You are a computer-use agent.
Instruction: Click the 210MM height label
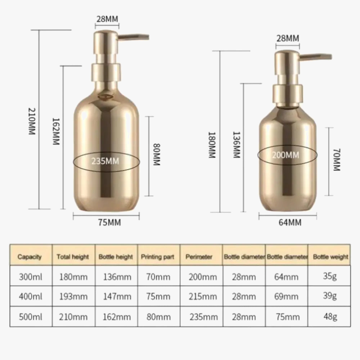32,121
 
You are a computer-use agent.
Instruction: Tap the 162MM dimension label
56,131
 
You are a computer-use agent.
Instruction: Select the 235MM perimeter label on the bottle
105,161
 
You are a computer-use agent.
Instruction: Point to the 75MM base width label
109,222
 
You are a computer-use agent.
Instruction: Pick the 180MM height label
212,145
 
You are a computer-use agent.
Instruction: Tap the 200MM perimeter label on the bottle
285,155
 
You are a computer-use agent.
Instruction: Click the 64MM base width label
290,222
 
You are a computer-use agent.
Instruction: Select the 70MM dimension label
337,159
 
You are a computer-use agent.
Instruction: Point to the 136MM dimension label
237,145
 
